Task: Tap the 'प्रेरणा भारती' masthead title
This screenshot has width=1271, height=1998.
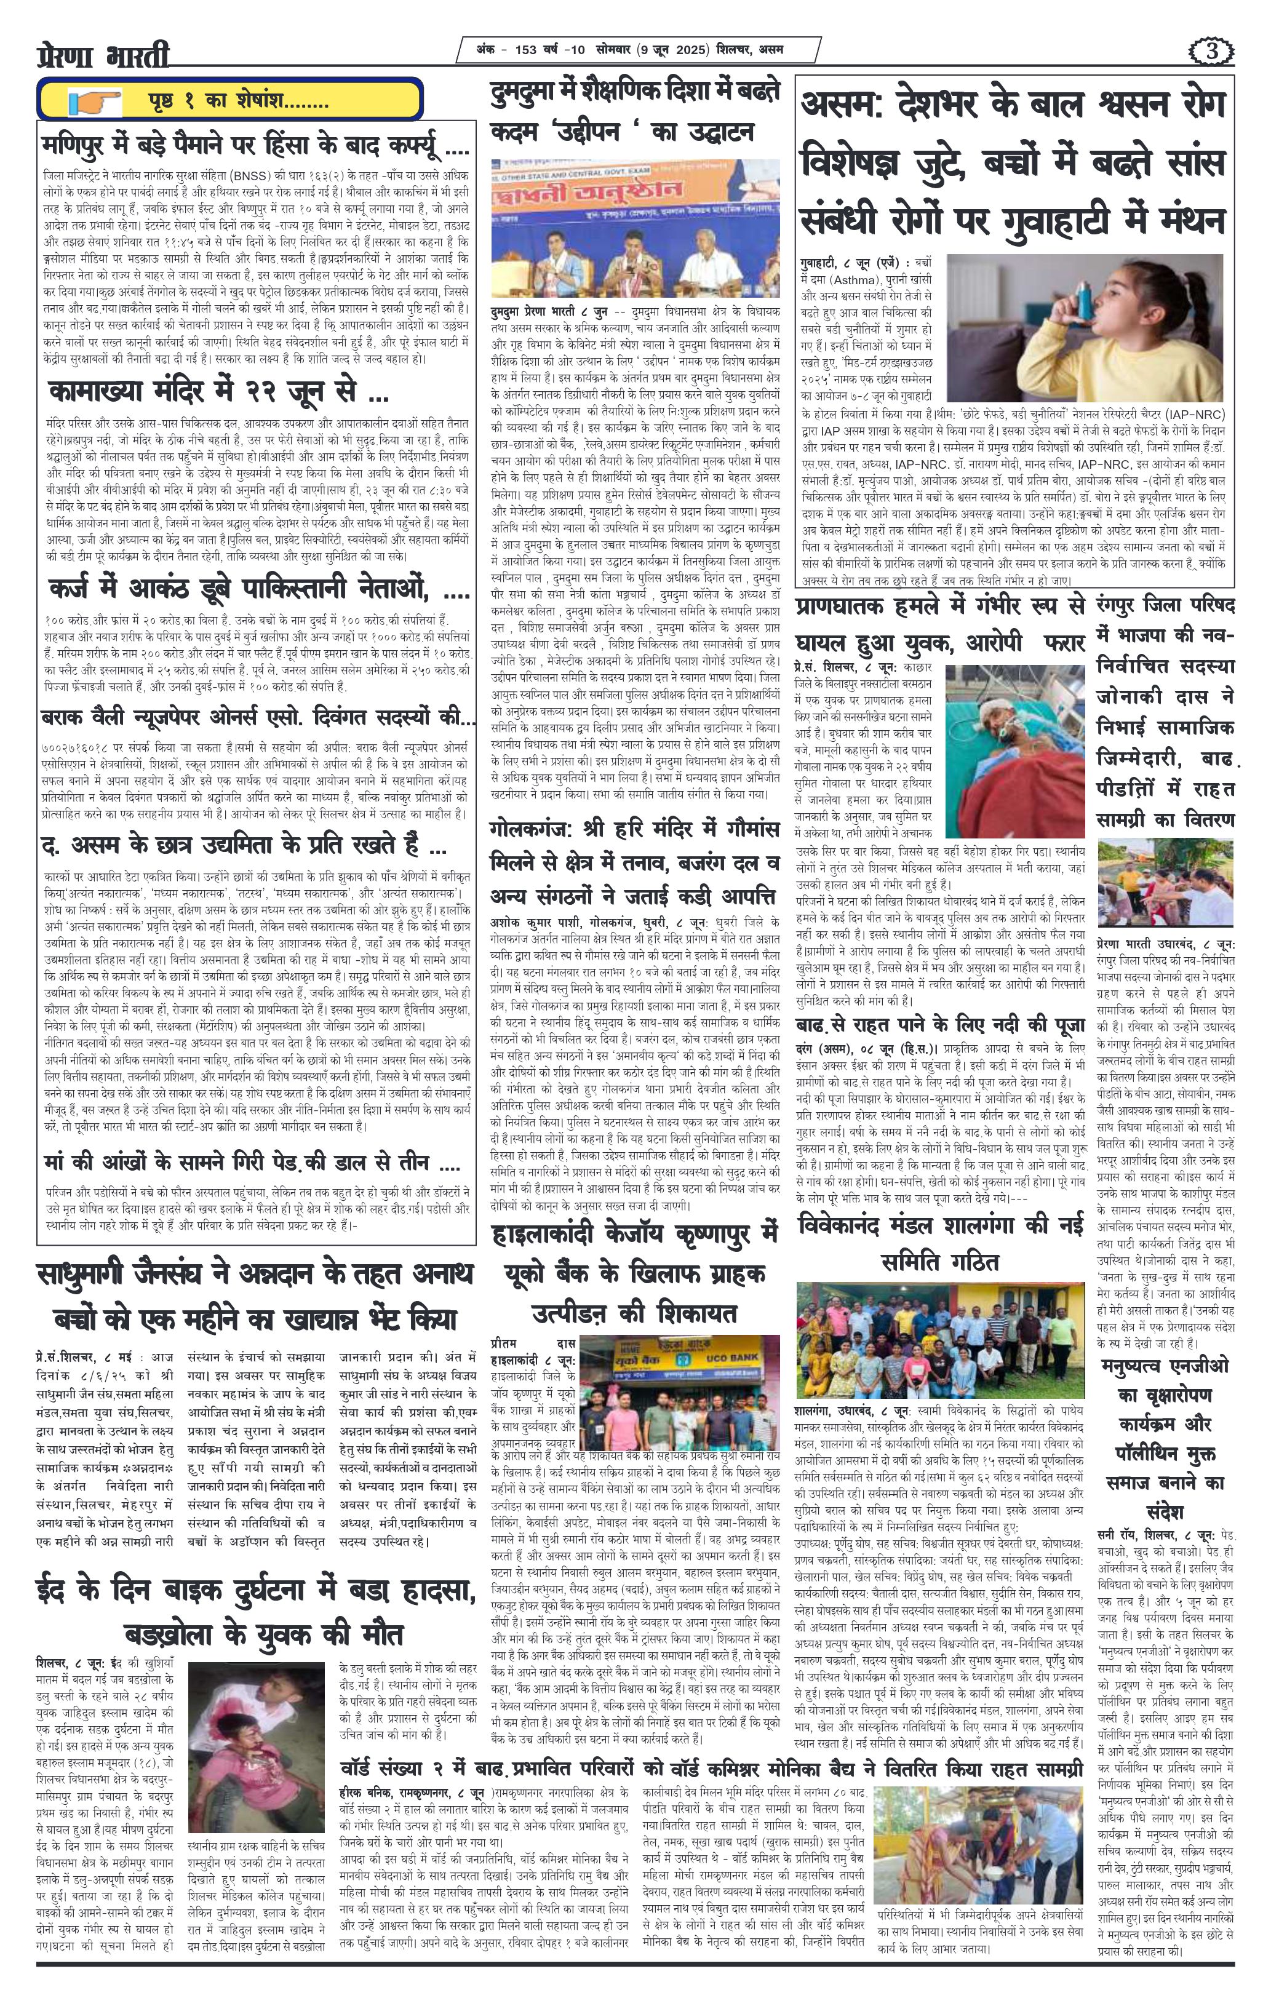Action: click(104, 57)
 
